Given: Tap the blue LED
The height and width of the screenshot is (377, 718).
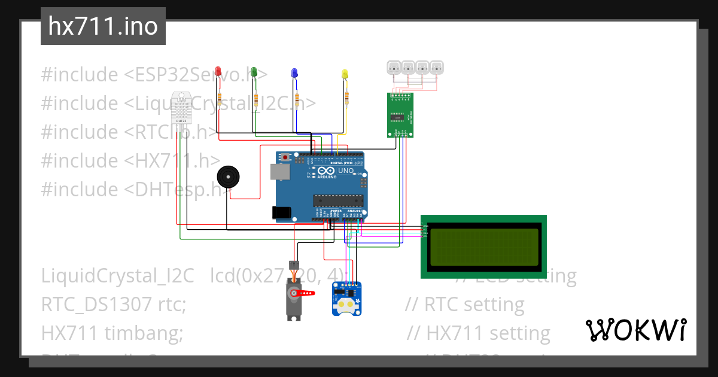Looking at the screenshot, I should click(x=293, y=72).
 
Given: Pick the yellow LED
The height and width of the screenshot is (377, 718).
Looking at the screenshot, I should click(x=344, y=74).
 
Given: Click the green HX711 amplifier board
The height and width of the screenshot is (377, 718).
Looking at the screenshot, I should click(x=400, y=115).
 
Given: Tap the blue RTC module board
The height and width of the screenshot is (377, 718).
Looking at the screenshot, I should click(x=346, y=299).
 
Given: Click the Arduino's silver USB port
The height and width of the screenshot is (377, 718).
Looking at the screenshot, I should click(x=279, y=172).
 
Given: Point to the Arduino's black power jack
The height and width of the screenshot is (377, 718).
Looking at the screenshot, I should click(x=281, y=212).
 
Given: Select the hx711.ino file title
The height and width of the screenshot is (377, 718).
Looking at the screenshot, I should click(x=103, y=27).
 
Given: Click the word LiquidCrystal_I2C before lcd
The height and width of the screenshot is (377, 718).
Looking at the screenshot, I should click(x=118, y=276).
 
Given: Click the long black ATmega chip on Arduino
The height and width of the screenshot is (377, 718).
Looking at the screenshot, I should click(x=337, y=200).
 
